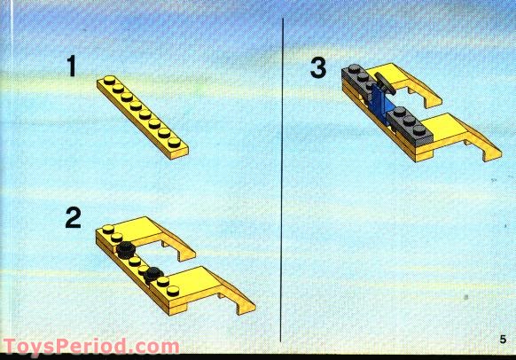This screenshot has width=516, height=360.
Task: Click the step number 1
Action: point(71,67)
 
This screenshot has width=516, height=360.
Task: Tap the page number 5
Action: point(501,339)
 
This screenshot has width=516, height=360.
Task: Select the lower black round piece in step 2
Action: point(155,273)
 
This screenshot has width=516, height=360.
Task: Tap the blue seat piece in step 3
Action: point(382,101)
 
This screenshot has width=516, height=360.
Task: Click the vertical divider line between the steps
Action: point(283,177)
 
